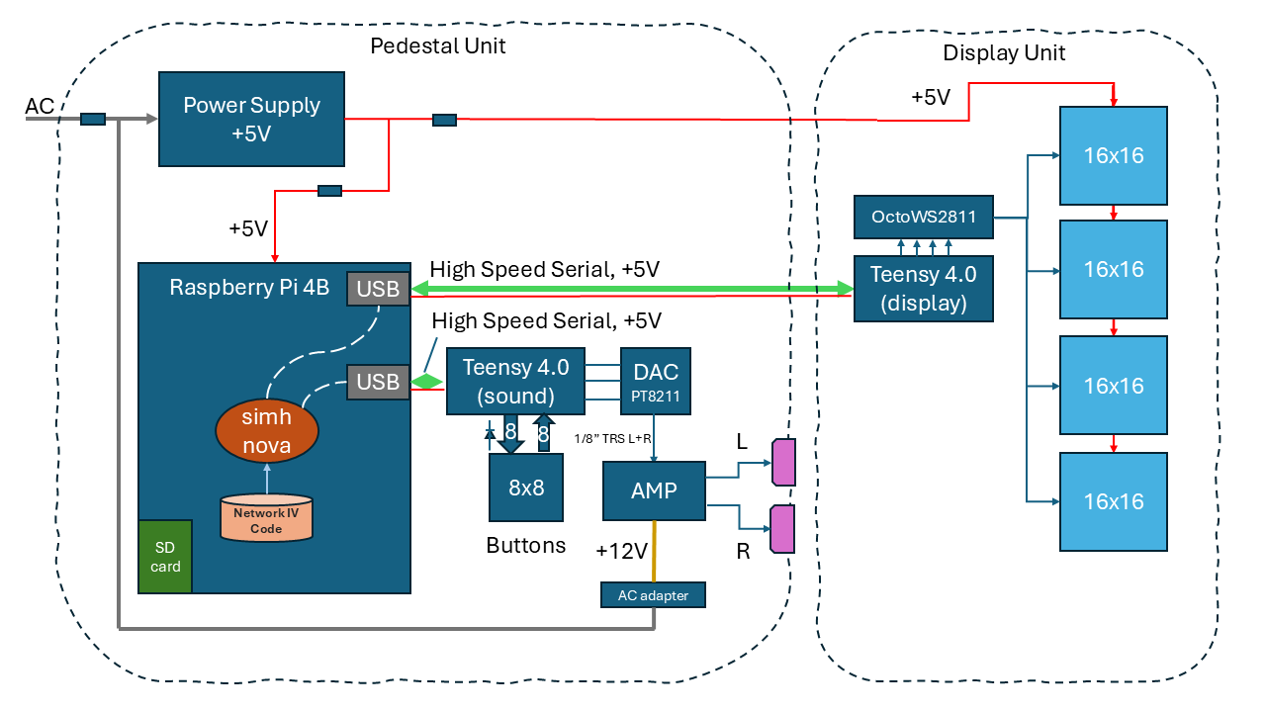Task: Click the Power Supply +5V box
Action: tap(251, 119)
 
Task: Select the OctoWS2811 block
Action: tap(923, 217)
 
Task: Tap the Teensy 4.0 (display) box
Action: tap(923, 288)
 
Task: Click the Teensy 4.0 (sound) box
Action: tap(515, 381)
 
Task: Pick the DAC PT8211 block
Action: tap(656, 381)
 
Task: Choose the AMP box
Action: tap(654, 490)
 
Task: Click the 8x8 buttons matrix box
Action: tap(526, 487)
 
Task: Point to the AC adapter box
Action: tap(653, 594)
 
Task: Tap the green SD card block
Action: tap(165, 557)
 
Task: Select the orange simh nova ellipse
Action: tap(267, 431)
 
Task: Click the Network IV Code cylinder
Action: tap(265, 519)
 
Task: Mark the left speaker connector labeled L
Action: tap(783, 463)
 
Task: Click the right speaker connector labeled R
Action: tap(782, 529)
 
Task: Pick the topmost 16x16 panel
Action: tap(1113, 155)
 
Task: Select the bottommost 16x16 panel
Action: tap(1113, 501)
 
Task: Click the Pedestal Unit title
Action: tap(438, 45)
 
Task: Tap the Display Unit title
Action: tap(1004, 53)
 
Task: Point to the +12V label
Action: tap(622, 551)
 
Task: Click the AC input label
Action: tap(40, 106)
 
